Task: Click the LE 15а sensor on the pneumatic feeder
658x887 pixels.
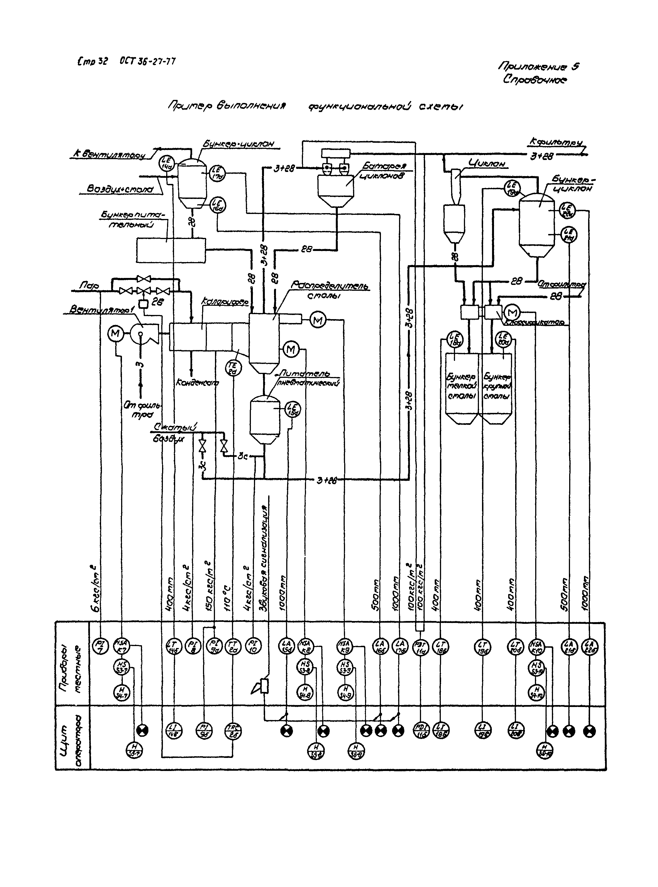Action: tap(293, 409)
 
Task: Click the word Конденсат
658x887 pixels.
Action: tap(197, 383)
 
